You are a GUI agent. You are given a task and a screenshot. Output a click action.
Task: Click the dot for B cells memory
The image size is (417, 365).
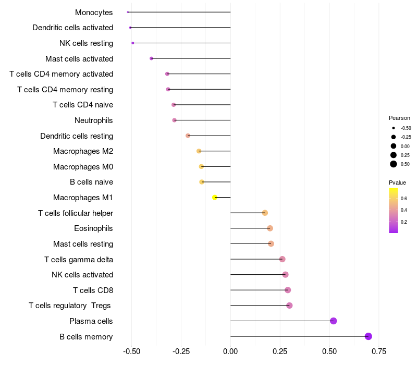(x=369, y=336)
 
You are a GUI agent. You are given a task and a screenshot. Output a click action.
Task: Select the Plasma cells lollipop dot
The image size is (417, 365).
(x=334, y=321)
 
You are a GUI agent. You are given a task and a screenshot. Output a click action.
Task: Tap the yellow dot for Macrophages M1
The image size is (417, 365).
(x=215, y=198)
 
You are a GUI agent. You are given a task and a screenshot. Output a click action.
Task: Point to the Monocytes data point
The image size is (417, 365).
(x=128, y=12)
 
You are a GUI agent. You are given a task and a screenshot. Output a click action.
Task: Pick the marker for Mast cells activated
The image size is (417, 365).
(x=152, y=58)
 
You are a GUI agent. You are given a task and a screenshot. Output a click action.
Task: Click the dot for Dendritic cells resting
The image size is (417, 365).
(x=188, y=136)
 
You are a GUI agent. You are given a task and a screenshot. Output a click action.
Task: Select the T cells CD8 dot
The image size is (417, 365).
(x=288, y=290)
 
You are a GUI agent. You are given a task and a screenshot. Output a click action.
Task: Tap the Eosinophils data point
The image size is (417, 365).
(x=270, y=228)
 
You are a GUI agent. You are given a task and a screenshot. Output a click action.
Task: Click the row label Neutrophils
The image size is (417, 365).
(x=94, y=120)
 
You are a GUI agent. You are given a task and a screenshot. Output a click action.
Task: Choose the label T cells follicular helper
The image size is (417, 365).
(x=76, y=213)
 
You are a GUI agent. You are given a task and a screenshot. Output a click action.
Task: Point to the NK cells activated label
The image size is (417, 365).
(x=82, y=275)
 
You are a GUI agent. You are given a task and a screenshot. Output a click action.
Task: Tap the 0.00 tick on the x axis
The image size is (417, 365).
(x=230, y=351)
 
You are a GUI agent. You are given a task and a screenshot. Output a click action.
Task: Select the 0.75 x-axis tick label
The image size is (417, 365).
(x=379, y=351)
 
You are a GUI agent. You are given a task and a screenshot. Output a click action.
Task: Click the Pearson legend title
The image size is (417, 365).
(x=399, y=118)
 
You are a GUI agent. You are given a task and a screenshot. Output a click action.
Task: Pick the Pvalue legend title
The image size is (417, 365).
(x=397, y=182)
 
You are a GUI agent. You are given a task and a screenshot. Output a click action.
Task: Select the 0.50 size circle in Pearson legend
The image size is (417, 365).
(x=394, y=164)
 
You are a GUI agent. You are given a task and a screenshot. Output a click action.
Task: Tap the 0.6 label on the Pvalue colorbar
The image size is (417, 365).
(x=404, y=199)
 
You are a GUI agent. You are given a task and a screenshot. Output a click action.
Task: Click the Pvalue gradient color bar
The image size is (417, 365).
(x=394, y=210)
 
